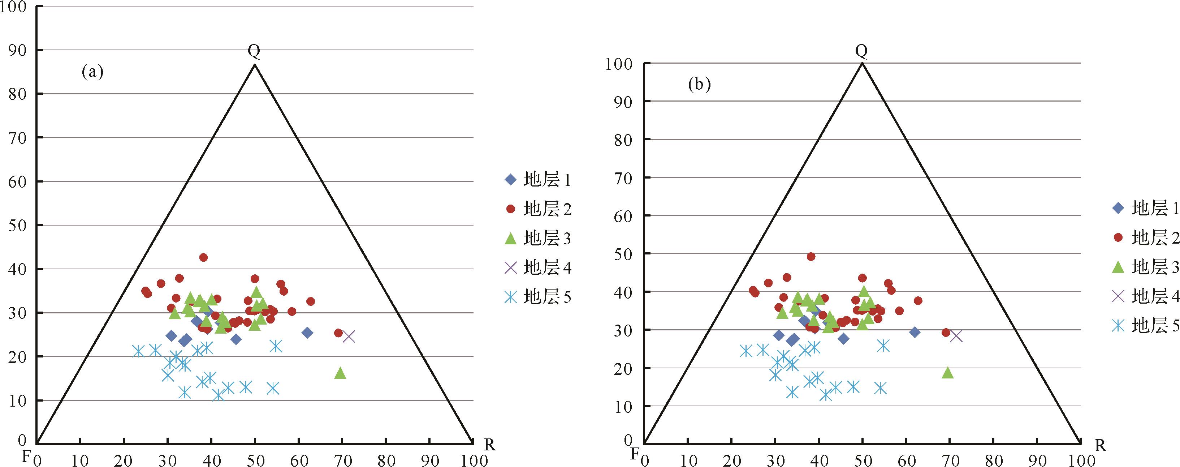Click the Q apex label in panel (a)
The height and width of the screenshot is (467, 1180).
[x=254, y=52]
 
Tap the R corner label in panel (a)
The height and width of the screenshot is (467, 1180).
[x=490, y=445]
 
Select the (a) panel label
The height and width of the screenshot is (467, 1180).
[x=92, y=72]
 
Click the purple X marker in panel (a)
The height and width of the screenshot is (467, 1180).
[x=349, y=337]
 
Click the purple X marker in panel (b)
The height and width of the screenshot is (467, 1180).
[x=956, y=336]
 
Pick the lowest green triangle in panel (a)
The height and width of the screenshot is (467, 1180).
[x=340, y=373]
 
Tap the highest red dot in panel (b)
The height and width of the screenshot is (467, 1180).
[x=811, y=257]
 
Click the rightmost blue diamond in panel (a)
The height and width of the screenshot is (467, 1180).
[x=307, y=333]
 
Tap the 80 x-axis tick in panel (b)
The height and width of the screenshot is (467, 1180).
[x=994, y=460]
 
